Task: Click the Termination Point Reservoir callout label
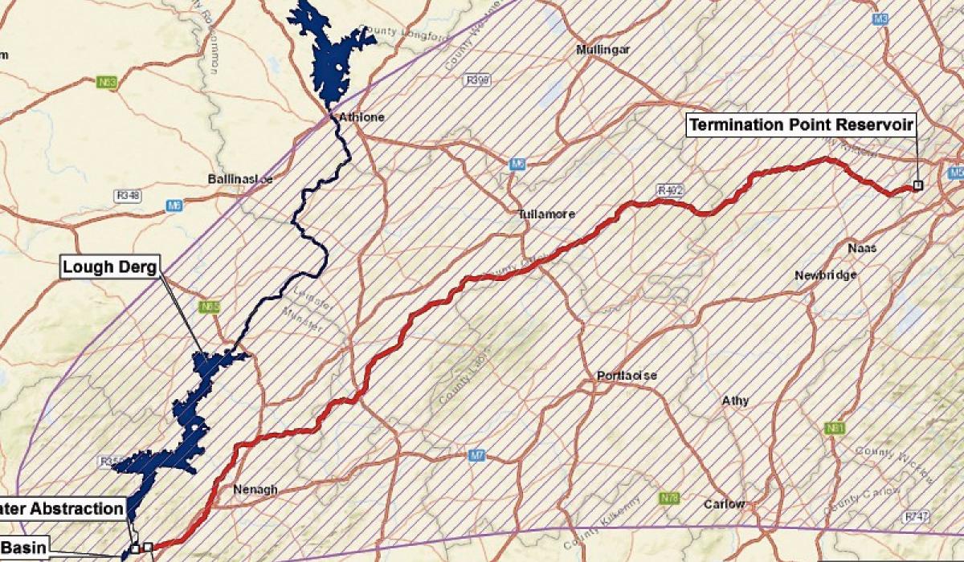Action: tap(800, 125)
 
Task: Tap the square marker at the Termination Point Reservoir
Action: tap(918, 185)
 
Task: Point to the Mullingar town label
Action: tap(603, 50)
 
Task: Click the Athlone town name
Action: tap(361, 117)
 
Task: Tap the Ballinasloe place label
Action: tap(239, 179)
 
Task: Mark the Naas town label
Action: tap(862, 248)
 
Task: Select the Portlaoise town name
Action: tap(627, 376)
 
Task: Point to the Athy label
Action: tap(736, 400)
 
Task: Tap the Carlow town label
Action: tap(724, 504)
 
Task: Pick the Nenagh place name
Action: tap(255, 489)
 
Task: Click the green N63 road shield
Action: tap(105, 81)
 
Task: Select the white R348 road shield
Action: tap(128, 195)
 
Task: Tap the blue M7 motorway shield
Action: tap(477, 455)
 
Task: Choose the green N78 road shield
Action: tap(669, 498)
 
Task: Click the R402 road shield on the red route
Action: tap(669, 190)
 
